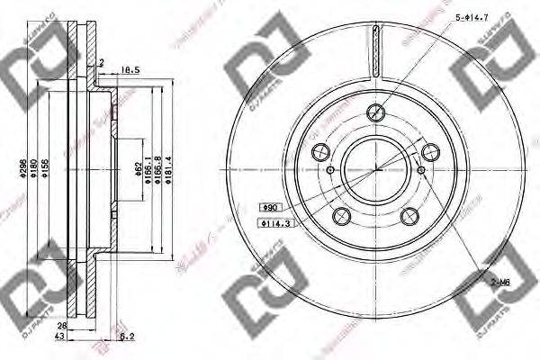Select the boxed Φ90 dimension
pyautogui.click(x=269, y=206)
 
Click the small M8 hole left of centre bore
pyautogui.click(x=330, y=171)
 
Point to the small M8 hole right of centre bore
pyautogui.click(x=421, y=171)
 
